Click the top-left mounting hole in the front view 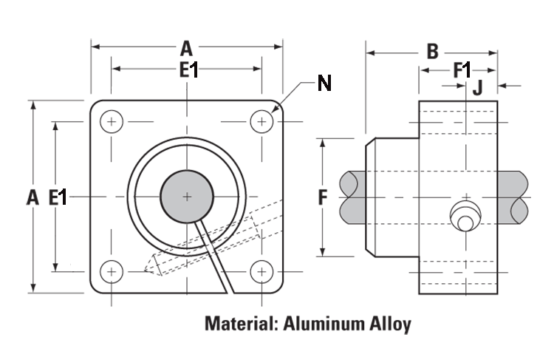pos(112,121)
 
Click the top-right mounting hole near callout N pos(261,121)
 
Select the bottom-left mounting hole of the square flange pos(112,272)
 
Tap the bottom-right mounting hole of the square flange pos(261,272)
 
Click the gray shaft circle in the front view pos(187,197)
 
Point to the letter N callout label pos(324,83)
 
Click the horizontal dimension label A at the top pos(186,49)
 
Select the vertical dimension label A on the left pos(32,197)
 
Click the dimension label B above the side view pos(433,52)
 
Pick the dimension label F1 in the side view pos(462,70)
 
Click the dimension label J pos(477,87)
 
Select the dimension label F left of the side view pos(322,197)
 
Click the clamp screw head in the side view pos(465,217)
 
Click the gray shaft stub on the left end pos(353,197)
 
